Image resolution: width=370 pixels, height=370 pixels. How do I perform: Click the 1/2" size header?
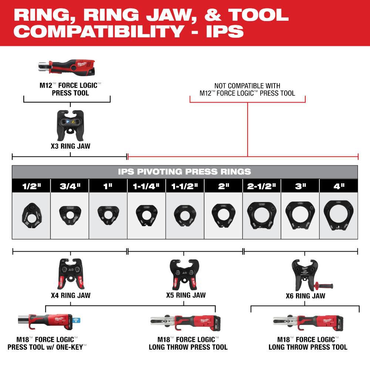point(31,186)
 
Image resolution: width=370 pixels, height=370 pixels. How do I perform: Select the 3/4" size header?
point(70,186)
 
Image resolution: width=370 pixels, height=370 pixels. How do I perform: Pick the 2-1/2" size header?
point(262,186)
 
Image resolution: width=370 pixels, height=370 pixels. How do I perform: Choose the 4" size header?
point(339,186)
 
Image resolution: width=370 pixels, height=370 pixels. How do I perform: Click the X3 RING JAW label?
point(70,146)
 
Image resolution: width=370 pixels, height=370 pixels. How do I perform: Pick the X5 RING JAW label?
point(185,295)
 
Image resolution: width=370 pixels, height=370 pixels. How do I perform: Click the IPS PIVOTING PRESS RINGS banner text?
point(185,172)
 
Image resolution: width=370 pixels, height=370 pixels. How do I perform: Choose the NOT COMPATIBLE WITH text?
point(247,86)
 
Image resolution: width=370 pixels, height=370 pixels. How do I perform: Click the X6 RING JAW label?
point(305,296)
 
